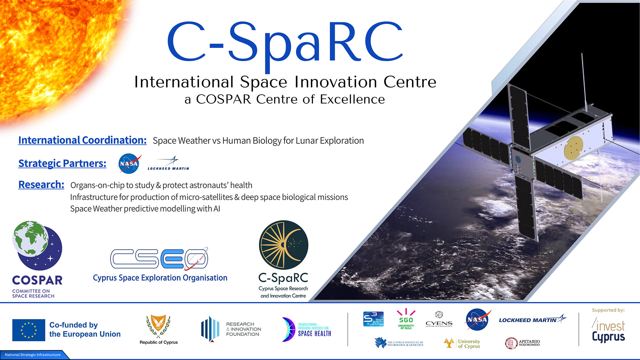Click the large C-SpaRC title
[x=285, y=43]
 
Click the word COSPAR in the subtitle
[x=223, y=99]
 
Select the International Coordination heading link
[x=82, y=140]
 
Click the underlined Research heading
[x=41, y=185]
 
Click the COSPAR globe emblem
[x=37, y=245]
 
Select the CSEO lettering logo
[x=159, y=259]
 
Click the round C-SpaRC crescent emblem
[x=284, y=245]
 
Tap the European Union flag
[x=29, y=330]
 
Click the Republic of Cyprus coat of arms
[x=158, y=327]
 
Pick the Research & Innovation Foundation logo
[x=231, y=329]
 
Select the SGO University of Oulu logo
[x=406, y=319]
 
